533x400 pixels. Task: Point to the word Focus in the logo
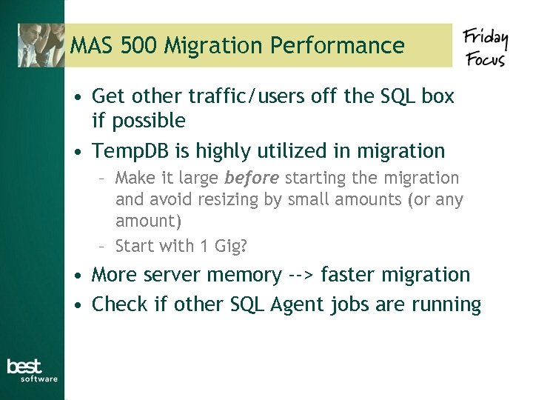pyautogui.click(x=485, y=58)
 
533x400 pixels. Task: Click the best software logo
pyautogui.click(x=32, y=370)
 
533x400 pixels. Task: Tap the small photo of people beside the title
pyautogui.click(x=41, y=45)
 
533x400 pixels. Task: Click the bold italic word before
pyautogui.click(x=252, y=179)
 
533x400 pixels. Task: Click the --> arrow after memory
pyautogui.click(x=301, y=276)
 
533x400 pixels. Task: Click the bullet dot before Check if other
pyautogui.click(x=78, y=305)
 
